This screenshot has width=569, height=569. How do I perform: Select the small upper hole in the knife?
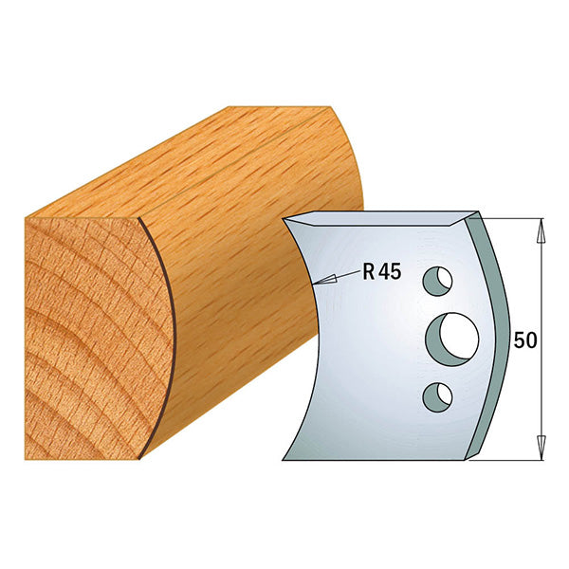(437, 281)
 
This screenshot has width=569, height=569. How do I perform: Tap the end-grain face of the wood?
(81, 332)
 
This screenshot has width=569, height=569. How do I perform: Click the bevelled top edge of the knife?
(379, 219)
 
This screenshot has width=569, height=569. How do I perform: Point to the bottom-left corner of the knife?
(284, 459)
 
